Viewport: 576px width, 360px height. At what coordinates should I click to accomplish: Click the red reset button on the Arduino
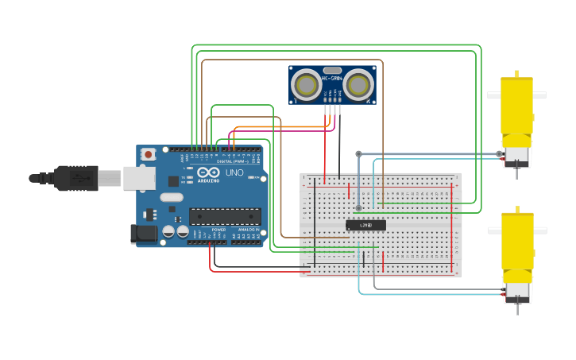[149, 155]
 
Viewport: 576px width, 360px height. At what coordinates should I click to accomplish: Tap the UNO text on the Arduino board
[234, 172]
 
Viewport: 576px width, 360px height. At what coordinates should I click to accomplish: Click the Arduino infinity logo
[208, 172]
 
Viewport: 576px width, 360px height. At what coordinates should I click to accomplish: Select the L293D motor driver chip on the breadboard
[365, 225]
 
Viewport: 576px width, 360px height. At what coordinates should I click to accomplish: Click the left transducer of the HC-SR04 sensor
[306, 85]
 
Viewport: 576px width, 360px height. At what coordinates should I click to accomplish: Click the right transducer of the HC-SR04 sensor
[358, 85]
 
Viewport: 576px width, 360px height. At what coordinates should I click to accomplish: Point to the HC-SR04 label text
[332, 78]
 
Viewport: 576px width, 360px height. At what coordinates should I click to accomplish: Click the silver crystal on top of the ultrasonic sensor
[332, 70]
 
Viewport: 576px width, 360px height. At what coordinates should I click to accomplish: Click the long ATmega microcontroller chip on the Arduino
[225, 215]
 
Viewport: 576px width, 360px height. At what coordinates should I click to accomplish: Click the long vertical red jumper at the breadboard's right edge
[452, 226]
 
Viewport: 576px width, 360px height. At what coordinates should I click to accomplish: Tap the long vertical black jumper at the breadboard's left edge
[315, 223]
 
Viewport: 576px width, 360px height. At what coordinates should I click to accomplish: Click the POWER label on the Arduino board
[218, 229]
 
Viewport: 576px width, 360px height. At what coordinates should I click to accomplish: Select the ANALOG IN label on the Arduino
[248, 229]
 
